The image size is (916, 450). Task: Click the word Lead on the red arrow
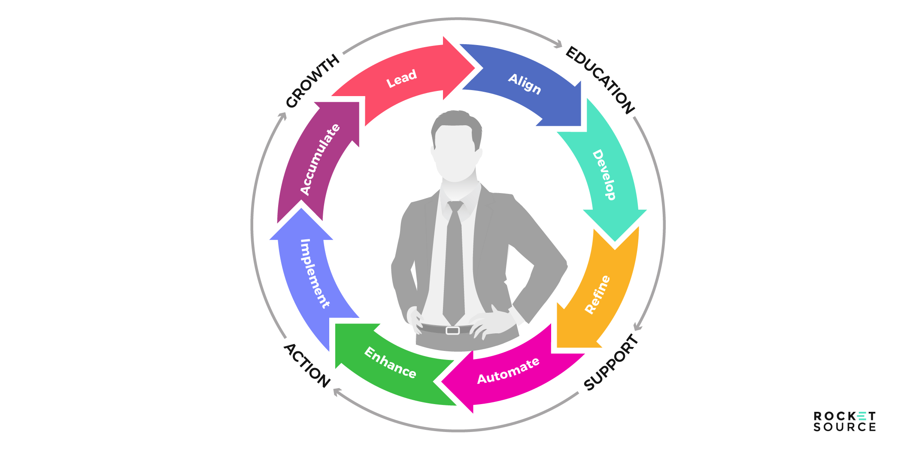tap(401, 79)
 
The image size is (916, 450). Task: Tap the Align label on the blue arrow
tap(525, 84)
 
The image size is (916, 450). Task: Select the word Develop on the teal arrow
tap(604, 175)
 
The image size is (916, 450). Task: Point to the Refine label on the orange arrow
tap(598, 295)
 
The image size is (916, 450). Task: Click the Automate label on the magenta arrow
tap(508, 371)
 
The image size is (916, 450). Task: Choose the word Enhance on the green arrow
tap(390, 363)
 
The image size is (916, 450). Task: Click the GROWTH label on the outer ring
tap(312, 81)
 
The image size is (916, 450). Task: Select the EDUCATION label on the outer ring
tap(600, 80)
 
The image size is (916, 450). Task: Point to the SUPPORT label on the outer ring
tap(611, 362)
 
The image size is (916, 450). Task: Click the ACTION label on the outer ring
tap(307, 365)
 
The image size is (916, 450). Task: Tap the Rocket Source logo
tap(844, 421)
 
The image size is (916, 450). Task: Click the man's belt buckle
tap(452, 330)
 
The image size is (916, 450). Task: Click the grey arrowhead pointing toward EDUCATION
tap(558, 44)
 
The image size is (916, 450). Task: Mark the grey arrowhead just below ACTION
tap(337, 391)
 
